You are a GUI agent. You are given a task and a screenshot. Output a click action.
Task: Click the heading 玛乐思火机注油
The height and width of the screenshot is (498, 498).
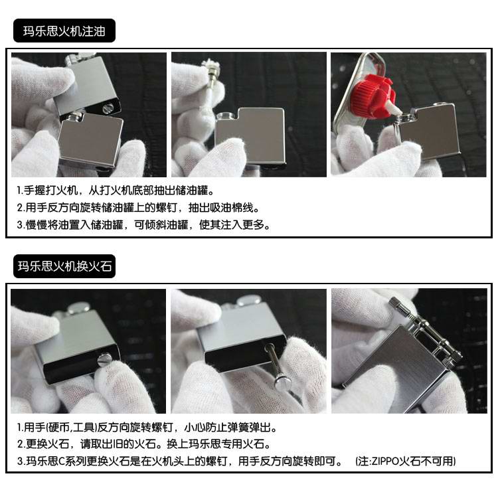64,31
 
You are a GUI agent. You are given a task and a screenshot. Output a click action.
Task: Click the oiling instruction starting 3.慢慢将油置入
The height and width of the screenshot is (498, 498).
143,224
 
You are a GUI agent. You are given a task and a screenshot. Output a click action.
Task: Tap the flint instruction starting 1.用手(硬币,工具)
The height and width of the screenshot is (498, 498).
146,427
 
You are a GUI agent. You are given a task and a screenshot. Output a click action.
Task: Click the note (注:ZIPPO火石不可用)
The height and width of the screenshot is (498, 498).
406,461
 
